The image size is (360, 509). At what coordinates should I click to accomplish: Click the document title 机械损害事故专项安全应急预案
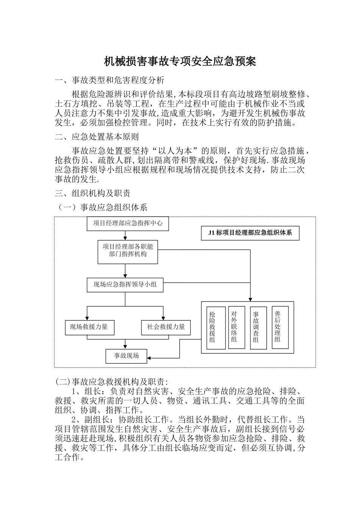(x=180, y=61)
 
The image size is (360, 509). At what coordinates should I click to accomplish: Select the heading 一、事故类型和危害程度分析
(x=110, y=80)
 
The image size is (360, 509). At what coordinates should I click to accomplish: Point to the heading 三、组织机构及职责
(x=92, y=193)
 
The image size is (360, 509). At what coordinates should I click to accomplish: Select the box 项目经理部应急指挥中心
(x=128, y=223)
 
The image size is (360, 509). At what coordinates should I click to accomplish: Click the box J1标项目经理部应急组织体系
(x=250, y=233)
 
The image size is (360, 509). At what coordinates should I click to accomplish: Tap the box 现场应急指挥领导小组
(x=125, y=284)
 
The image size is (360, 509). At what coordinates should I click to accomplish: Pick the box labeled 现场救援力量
(x=89, y=327)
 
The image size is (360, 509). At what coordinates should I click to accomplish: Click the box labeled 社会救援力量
(x=166, y=327)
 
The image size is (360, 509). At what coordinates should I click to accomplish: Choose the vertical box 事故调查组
(x=256, y=328)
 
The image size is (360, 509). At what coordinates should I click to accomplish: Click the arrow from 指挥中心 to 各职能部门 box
(x=125, y=235)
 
